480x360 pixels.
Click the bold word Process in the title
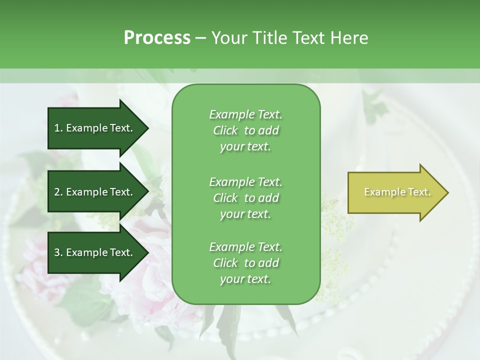157,38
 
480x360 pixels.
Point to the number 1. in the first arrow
58,128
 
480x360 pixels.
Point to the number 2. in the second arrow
58,192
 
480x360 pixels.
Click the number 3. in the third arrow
58,252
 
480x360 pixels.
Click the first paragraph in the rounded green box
245,130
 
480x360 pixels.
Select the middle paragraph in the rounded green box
245,197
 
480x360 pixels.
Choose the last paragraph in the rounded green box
245,263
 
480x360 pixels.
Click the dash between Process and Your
200,38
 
